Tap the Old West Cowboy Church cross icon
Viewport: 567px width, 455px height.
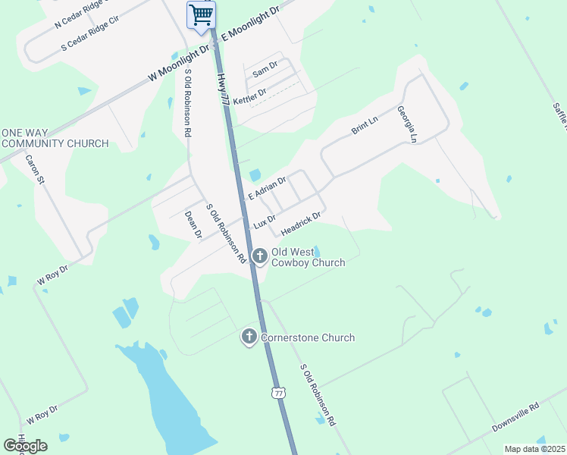(x=260, y=256)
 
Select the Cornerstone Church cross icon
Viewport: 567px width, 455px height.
(x=249, y=337)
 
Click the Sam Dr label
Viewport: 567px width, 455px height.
(x=265, y=71)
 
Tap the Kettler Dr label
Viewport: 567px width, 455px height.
(x=249, y=96)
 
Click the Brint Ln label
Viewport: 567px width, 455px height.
(x=364, y=126)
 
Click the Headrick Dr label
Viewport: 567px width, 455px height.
(x=301, y=222)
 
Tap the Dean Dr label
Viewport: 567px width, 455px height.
(x=193, y=225)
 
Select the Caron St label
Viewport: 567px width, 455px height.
(x=36, y=170)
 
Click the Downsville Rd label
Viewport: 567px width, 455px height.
(x=515, y=417)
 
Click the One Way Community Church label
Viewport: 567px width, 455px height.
(x=55, y=138)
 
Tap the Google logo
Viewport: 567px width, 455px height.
(x=25, y=445)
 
